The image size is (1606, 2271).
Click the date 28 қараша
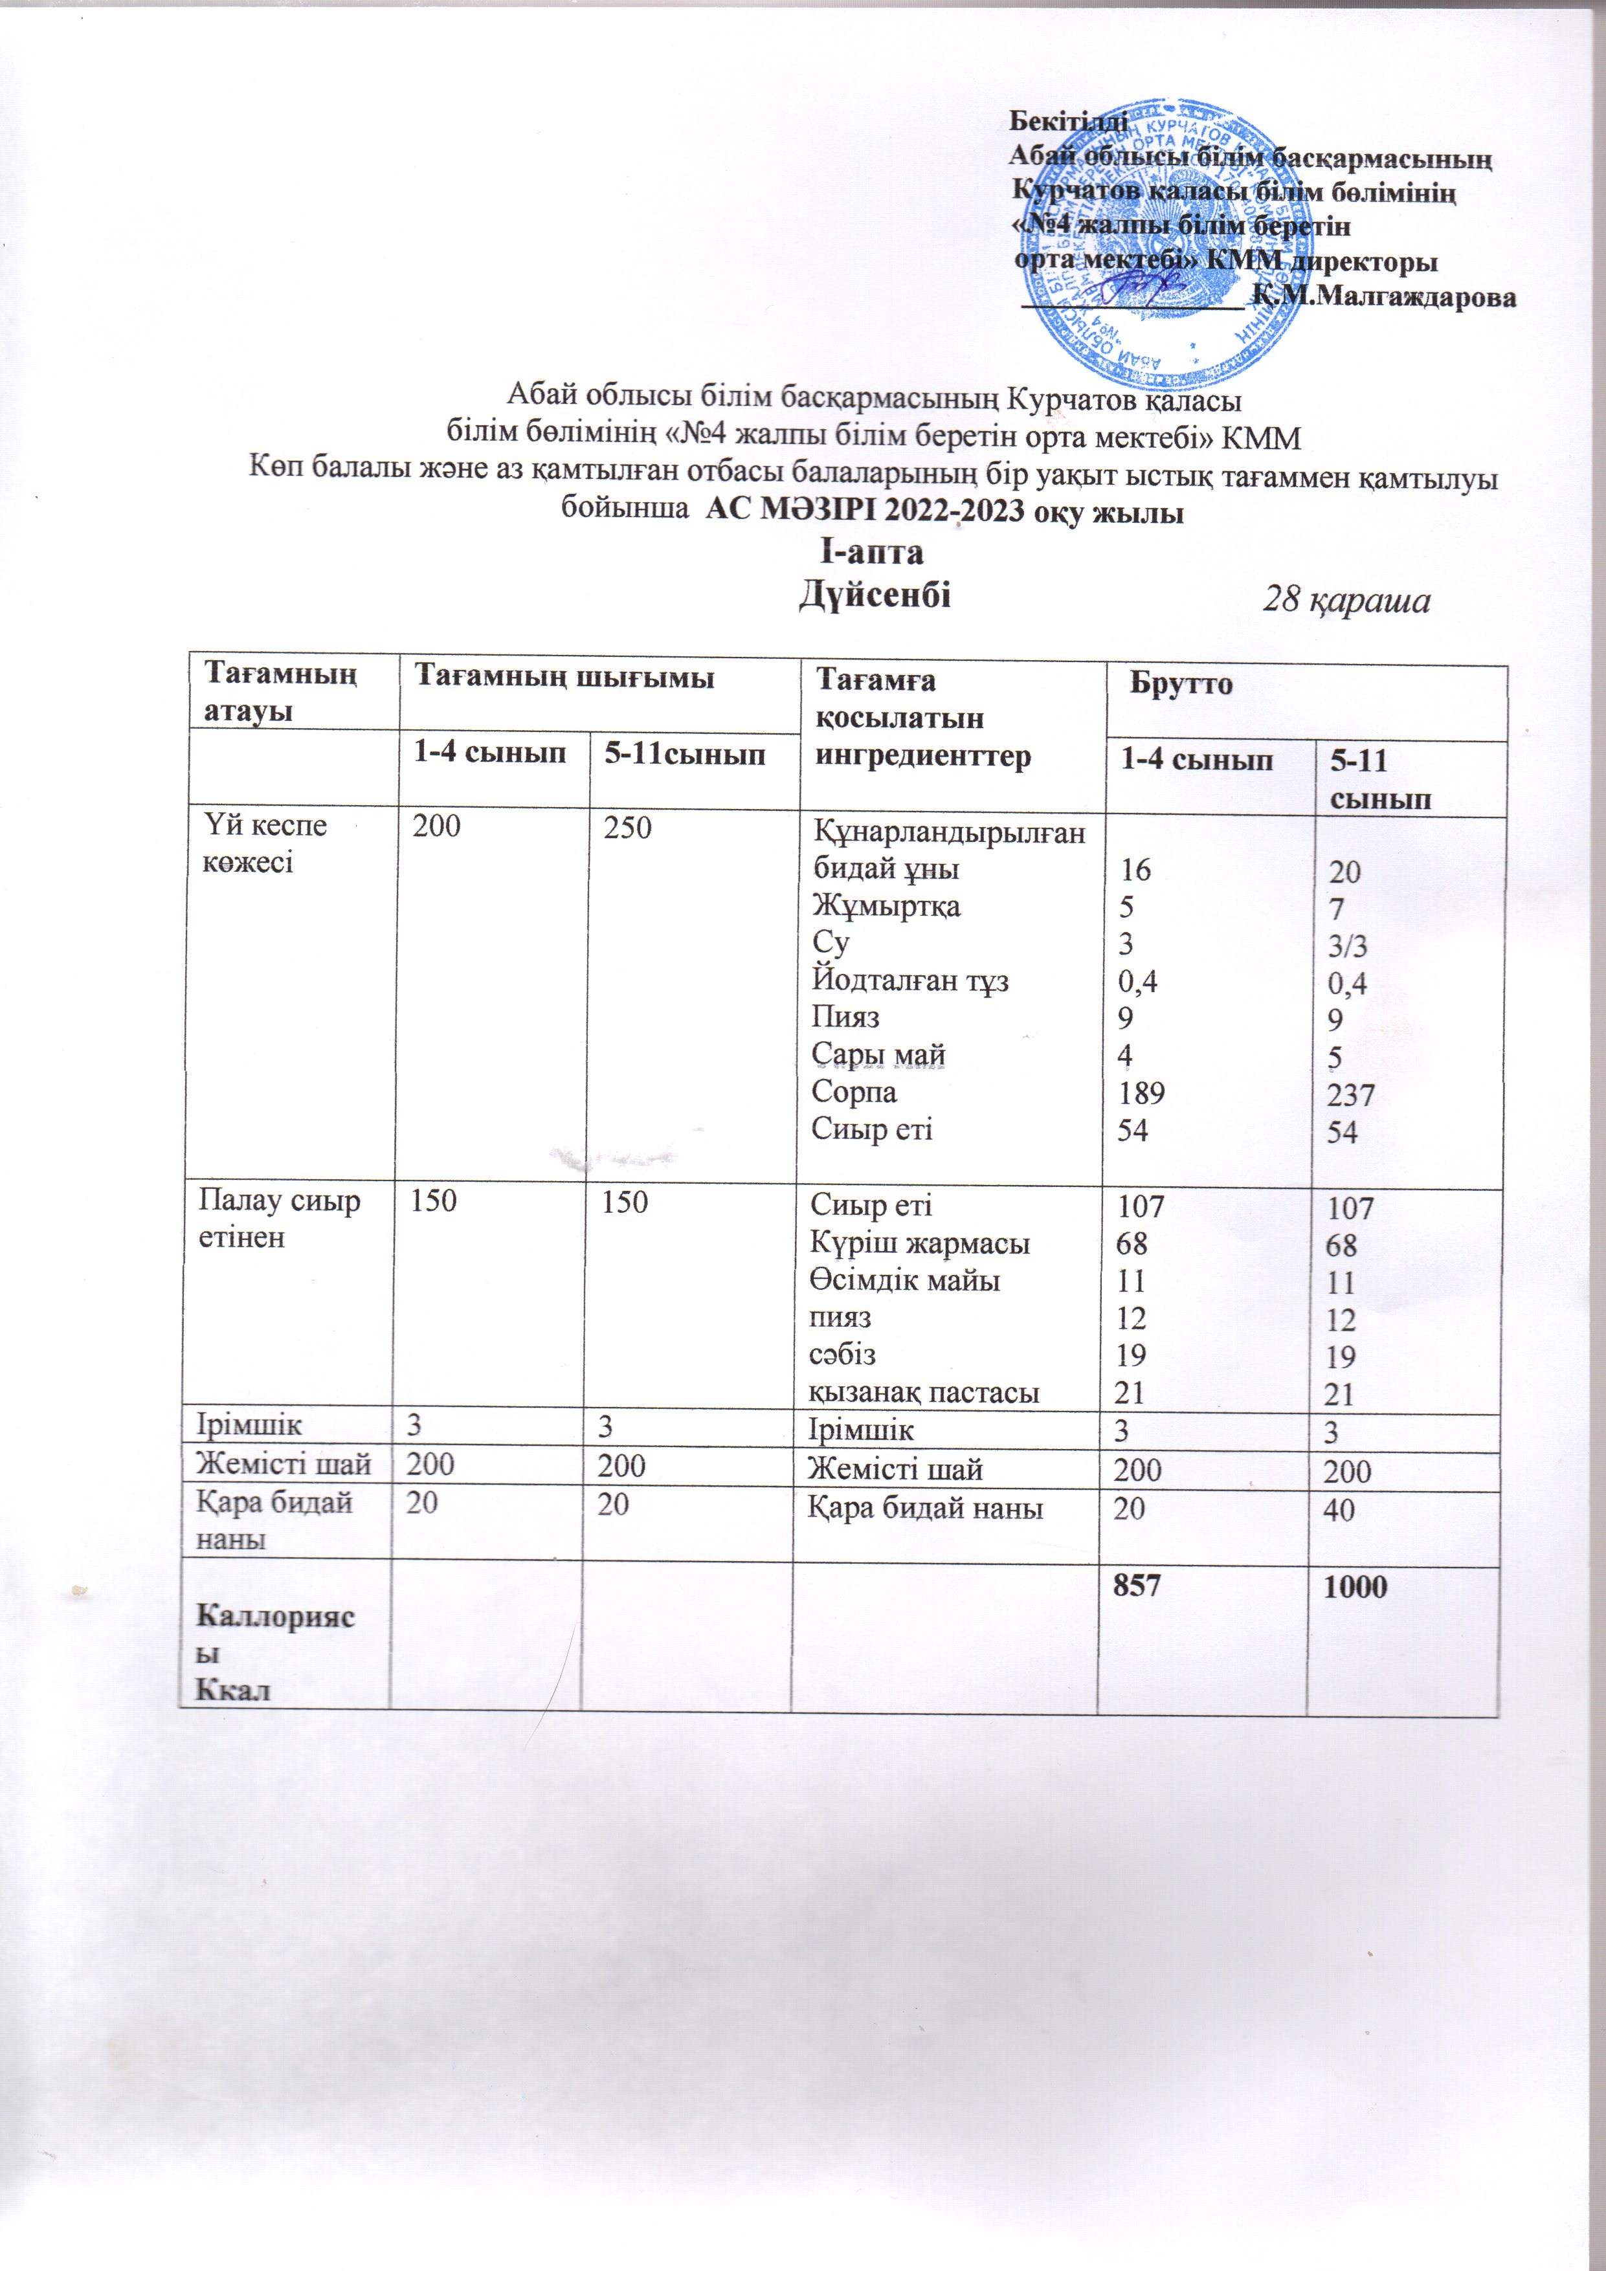point(1348,601)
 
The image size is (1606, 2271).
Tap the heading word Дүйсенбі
point(875,595)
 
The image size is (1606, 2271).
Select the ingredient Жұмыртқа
point(886,906)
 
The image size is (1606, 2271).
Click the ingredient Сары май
point(878,1056)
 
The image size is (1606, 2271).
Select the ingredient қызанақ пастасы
point(924,1393)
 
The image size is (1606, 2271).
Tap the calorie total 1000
point(1357,1586)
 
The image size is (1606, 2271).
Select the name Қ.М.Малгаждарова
point(1383,296)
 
